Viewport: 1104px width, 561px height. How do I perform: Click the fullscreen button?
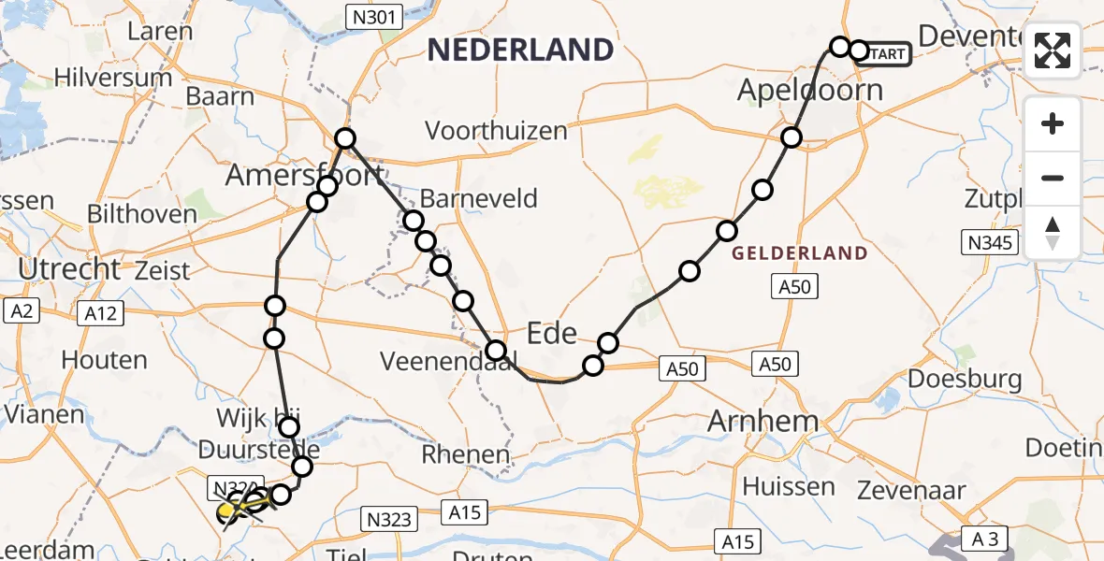tap(1053, 50)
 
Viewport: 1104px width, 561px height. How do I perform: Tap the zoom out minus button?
tap(1053, 178)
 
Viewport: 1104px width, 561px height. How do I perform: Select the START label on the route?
tap(883, 54)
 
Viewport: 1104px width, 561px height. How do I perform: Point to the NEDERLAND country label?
tap(520, 50)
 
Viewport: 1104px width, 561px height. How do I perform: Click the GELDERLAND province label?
tap(799, 253)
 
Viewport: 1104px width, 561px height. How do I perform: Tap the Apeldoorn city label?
tap(810, 91)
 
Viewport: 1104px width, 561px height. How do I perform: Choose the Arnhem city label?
tap(763, 421)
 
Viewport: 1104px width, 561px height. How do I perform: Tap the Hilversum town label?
tap(113, 77)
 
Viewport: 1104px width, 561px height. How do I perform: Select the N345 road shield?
tap(990, 244)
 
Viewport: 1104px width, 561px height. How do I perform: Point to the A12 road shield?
tap(100, 313)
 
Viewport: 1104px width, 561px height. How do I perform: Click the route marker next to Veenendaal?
tap(496, 352)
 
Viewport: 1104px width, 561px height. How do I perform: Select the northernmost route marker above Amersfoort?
tap(346, 138)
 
